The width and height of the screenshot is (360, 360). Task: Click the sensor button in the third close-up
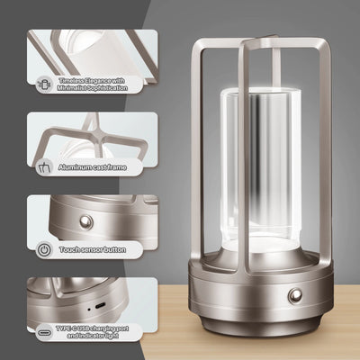point(86,221)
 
